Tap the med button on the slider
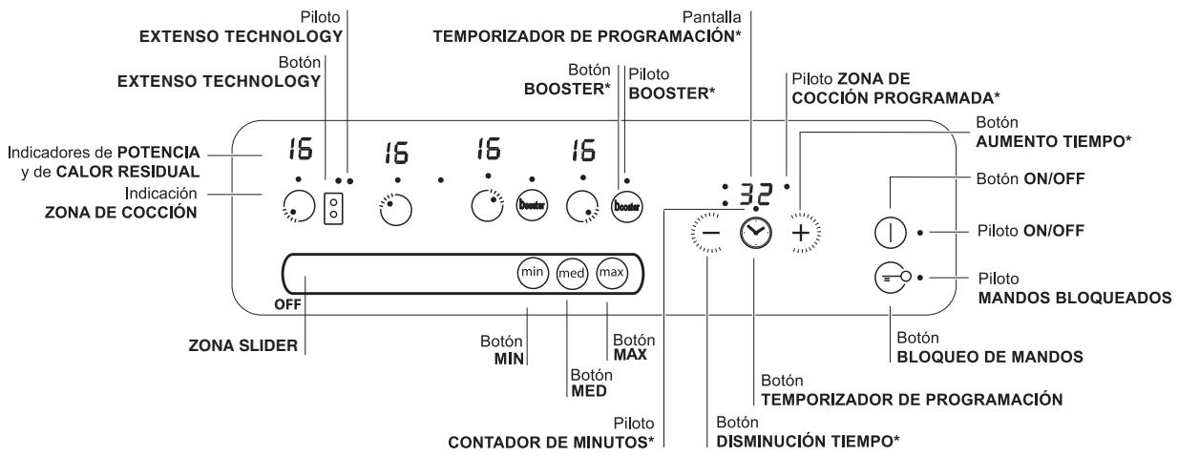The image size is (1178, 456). [x=571, y=274]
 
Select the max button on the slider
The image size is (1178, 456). [x=611, y=274]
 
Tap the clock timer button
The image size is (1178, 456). [x=754, y=232]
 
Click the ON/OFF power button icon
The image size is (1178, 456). [x=890, y=232]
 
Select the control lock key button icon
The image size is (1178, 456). [x=890, y=278]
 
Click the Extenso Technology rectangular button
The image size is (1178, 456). [x=334, y=209]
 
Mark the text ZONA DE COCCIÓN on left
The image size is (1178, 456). [x=129, y=214]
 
